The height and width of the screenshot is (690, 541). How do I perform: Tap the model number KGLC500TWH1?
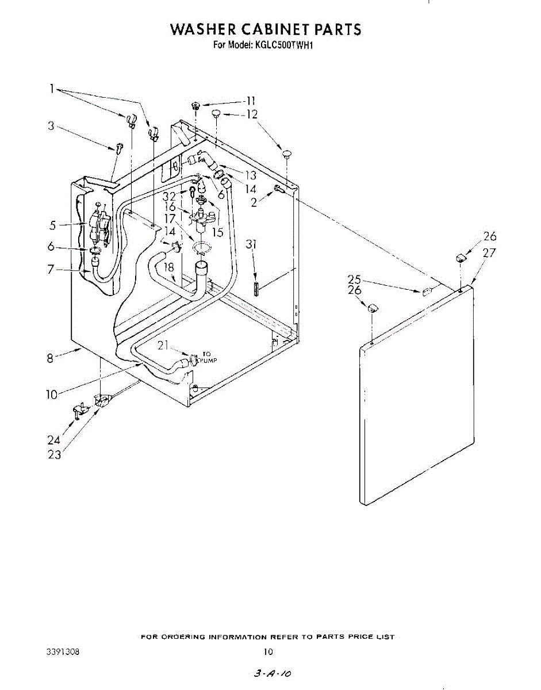282,46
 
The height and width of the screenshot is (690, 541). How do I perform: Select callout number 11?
251,101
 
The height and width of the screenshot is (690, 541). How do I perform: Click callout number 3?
51,126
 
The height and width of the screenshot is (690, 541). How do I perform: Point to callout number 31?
251,245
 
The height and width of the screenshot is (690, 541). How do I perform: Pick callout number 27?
489,254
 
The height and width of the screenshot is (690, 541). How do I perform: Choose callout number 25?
354,279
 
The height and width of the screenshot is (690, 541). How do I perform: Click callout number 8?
50,358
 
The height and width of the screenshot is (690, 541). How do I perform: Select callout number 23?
54,455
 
